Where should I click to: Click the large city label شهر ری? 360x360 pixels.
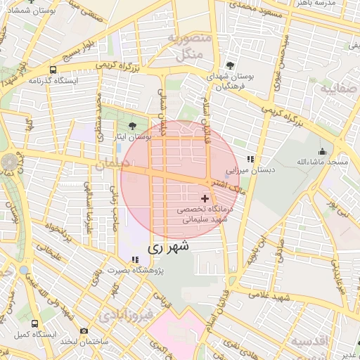(169, 247)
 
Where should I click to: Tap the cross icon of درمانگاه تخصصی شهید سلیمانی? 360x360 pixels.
(205, 200)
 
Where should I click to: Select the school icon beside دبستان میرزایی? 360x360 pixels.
(250, 160)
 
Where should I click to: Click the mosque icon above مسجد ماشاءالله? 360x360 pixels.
(323, 151)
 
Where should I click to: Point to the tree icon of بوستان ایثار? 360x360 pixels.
(133, 127)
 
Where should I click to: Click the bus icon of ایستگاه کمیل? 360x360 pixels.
(35, 323)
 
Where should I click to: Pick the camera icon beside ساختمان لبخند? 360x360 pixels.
(84, 330)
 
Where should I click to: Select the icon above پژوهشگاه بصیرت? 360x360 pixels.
(135, 260)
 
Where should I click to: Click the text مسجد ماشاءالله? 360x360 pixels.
(322, 162)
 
